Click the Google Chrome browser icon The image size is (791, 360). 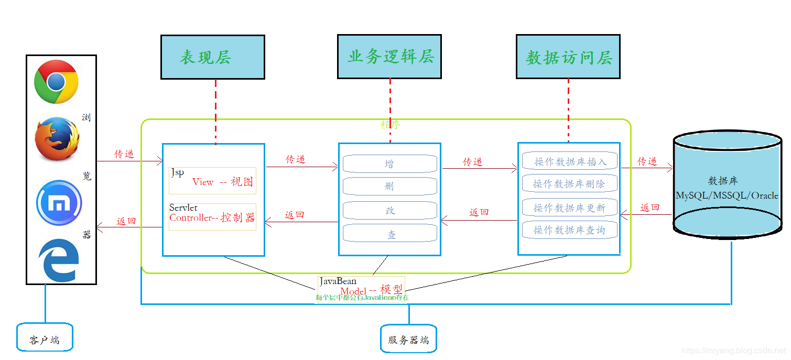(x=57, y=82)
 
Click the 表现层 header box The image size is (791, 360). (x=212, y=57)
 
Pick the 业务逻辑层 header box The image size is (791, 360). (x=389, y=57)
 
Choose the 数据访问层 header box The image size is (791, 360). (x=568, y=57)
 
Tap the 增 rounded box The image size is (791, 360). (x=389, y=163)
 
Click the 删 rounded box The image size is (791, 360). (x=389, y=187)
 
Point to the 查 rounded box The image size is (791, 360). (x=389, y=234)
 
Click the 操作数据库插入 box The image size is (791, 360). (x=570, y=161)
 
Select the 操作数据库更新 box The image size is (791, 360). (x=569, y=208)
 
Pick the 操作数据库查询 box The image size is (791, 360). (x=569, y=230)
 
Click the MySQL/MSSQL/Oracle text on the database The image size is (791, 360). (x=727, y=195)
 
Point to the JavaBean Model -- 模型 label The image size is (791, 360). (x=362, y=288)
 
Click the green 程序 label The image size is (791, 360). (x=390, y=125)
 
